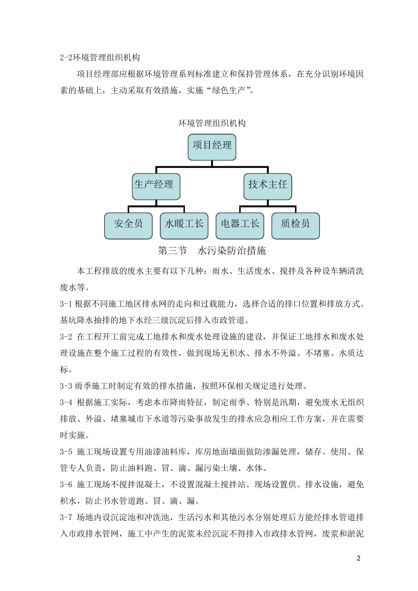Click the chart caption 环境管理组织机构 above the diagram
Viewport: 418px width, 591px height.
[x=212, y=123]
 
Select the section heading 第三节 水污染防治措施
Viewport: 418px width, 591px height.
[x=212, y=251]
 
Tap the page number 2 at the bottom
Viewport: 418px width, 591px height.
[x=359, y=559]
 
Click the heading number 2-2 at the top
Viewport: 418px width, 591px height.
[x=66, y=58]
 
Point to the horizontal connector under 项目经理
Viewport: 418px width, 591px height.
[x=212, y=167]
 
